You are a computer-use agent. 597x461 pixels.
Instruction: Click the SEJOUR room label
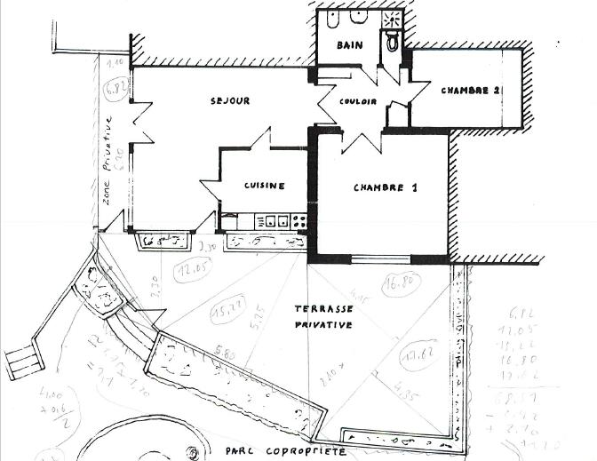(230, 101)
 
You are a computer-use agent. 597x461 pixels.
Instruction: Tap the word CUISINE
(265, 186)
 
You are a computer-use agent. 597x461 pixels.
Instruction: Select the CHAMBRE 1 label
(385, 187)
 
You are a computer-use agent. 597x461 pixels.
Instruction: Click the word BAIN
(347, 44)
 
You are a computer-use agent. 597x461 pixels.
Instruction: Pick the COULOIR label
(358, 102)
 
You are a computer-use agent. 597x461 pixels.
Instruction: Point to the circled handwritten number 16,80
(400, 285)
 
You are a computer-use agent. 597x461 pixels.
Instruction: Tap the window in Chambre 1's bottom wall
(378, 258)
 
